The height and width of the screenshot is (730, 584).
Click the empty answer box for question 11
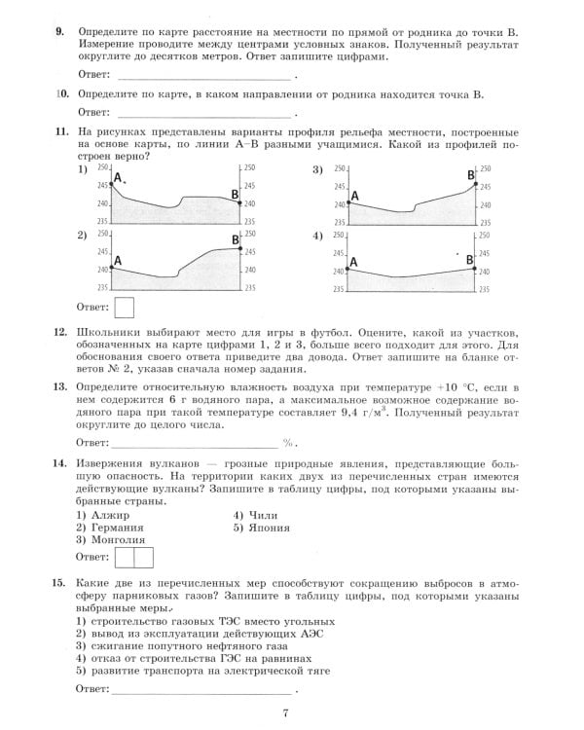pos(126,308)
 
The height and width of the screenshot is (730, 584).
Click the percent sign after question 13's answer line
pos(288,442)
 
